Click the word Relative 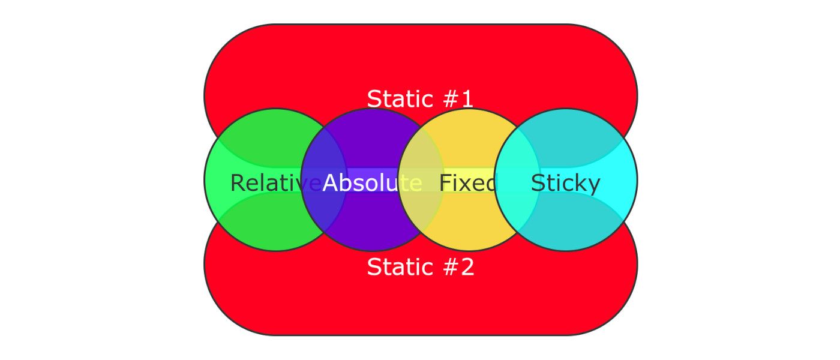[x=275, y=183]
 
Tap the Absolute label [x=373, y=183]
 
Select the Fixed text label [x=468, y=183]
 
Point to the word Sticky [x=565, y=184]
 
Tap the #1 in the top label [x=458, y=99]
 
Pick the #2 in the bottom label [x=458, y=267]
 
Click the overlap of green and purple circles [x=324, y=180]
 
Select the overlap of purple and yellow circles [x=421, y=180]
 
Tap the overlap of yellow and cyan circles [x=517, y=180]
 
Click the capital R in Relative [x=238, y=183]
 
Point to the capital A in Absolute [x=331, y=183]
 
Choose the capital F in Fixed [x=445, y=183]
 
